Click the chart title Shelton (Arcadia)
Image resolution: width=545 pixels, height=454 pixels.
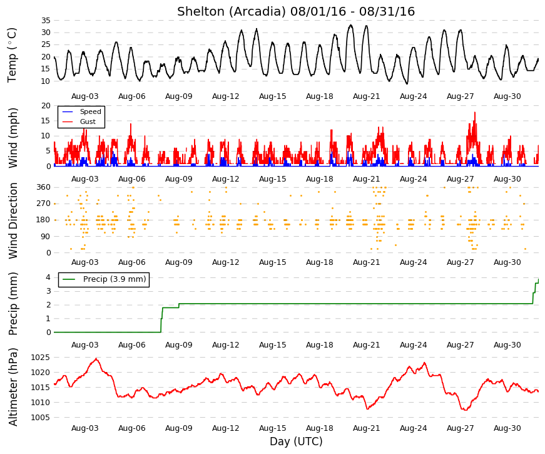231,12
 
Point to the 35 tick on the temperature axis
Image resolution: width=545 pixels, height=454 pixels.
46,21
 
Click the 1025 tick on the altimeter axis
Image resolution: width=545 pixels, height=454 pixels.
40,358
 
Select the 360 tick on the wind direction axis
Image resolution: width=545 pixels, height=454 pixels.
43,187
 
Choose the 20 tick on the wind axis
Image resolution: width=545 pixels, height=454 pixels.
46,106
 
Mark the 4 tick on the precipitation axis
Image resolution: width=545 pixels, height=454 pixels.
48,277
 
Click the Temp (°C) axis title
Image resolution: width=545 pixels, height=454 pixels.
12,55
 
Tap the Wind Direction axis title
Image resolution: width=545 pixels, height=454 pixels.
13,221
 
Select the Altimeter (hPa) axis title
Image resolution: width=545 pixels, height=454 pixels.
13,387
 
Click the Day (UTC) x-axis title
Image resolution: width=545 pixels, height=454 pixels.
296,441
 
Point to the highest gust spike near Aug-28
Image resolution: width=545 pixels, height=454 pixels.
475,112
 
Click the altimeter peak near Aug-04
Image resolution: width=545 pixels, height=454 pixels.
96,359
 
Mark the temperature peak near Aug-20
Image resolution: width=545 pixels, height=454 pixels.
351,25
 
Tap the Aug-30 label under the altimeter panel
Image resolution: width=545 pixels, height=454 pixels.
507,428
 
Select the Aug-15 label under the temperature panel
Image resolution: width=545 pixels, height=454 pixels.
273,96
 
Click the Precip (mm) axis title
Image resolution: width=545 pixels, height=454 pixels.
13,304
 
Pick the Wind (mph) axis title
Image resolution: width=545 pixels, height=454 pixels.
13,138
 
